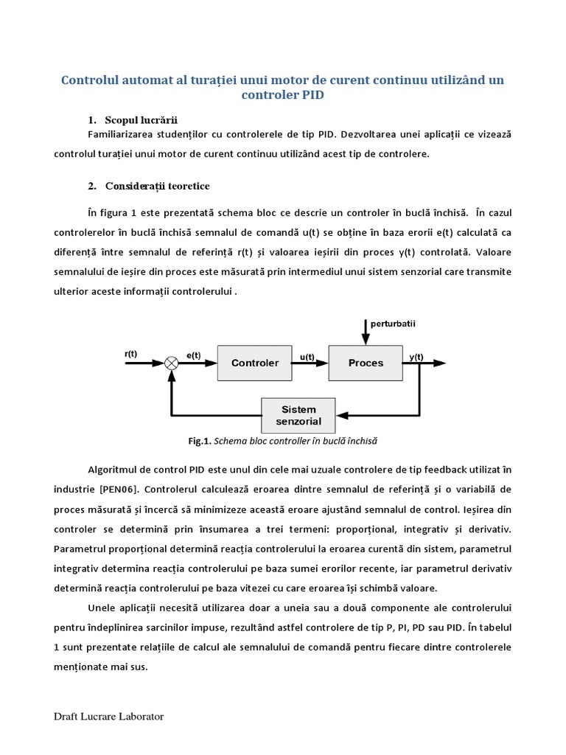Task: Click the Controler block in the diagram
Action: click(x=255, y=363)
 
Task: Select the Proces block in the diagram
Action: click(x=366, y=363)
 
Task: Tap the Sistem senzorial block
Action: click(x=298, y=416)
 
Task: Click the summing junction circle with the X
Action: click(x=172, y=363)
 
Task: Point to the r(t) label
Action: click(x=131, y=354)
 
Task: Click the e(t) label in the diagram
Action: click(x=193, y=355)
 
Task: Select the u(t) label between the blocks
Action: click(x=307, y=357)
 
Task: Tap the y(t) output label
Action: click(x=416, y=357)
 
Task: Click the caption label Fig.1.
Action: click(x=200, y=441)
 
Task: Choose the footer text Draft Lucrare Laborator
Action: click(x=109, y=717)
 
